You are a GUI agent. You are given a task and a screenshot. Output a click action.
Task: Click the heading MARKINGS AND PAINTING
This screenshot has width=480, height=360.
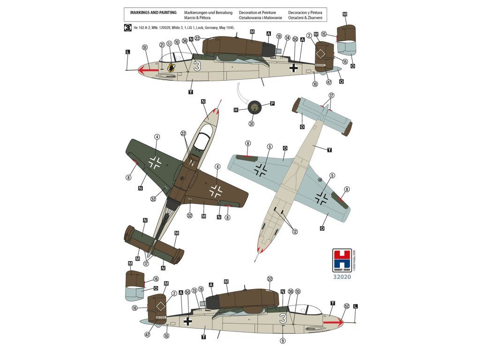click(x=150, y=12)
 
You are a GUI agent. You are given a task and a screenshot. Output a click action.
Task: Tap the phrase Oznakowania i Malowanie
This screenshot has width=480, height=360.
click(x=260, y=18)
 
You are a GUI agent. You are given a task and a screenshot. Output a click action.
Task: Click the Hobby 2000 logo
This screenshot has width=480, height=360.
click(x=341, y=260)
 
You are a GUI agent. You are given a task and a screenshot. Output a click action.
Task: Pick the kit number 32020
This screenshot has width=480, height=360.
click(x=341, y=277)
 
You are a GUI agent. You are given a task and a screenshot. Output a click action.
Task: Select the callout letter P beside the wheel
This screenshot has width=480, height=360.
click(x=272, y=104)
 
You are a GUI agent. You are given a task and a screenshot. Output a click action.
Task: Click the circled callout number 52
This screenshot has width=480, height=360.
click(x=346, y=306)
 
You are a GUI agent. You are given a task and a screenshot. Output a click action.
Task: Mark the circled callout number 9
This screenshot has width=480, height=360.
click(x=282, y=341)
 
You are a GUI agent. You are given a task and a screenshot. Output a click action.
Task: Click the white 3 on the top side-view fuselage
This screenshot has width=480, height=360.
click(x=197, y=66)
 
